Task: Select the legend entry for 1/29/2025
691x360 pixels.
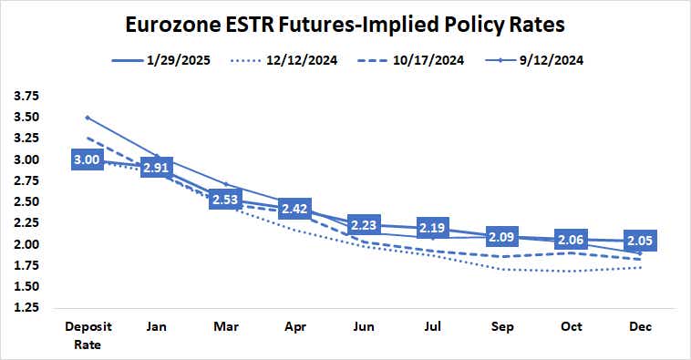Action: pyautogui.click(x=173, y=61)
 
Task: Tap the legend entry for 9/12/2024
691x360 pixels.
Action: pyautogui.click(x=540, y=61)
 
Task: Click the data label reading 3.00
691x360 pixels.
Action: pyautogui.click(x=88, y=160)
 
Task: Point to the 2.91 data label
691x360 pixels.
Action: pyautogui.click(x=156, y=168)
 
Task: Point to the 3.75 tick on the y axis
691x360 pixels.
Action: pyautogui.click(x=27, y=96)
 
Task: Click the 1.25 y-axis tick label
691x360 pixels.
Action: pyautogui.click(x=27, y=308)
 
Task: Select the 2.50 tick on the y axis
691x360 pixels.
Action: pyautogui.click(x=27, y=202)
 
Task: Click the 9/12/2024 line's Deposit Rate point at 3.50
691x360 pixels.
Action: pyautogui.click(x=88, y=118)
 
